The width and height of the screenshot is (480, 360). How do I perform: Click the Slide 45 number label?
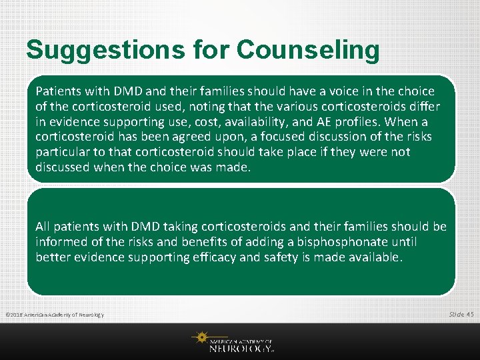tap(461, 313)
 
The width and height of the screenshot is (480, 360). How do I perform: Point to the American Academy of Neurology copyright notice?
tap(54, 314)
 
